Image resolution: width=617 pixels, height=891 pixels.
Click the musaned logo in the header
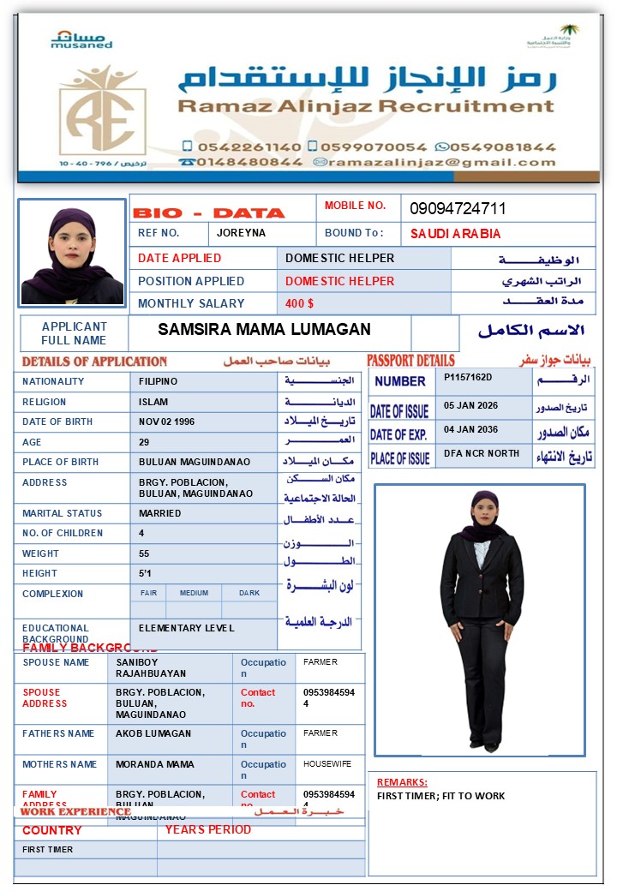coord(81,39)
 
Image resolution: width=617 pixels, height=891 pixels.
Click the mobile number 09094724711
coord(458,209)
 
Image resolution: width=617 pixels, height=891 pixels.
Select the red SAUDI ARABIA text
coord(455,234)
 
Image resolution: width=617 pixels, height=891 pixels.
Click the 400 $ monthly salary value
coord(300,303)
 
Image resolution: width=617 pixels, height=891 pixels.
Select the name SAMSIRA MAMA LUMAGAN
coord(264,330)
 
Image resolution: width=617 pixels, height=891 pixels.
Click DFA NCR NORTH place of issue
coord(482,453)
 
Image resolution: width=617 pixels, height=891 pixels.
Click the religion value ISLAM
coord(153,402)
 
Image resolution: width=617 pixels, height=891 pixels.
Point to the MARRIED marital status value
coord(160,513)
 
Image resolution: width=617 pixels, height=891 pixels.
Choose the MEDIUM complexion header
coord(194,593)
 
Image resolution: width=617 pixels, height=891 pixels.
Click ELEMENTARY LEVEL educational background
coord(186,628)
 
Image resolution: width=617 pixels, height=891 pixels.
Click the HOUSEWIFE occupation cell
coord(326,763)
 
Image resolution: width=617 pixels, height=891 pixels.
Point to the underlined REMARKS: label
coord(402,782)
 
